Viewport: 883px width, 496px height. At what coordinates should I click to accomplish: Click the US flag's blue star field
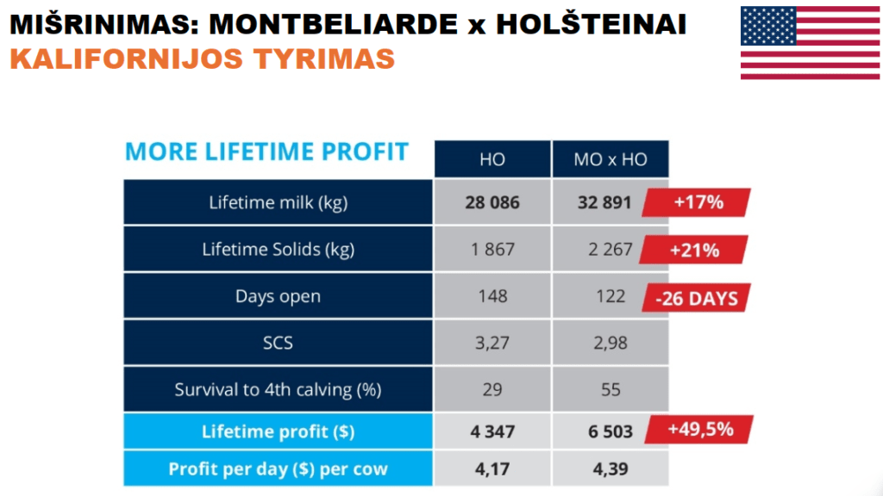pyautogui.click(x=768, y=26)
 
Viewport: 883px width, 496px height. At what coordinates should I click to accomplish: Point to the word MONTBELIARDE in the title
pyautogui.click(x=334, y=24)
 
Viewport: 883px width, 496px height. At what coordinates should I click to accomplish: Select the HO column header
pyautogui.click(x=492, y=159)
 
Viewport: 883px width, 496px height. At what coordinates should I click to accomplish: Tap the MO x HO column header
pyautogui.click(x=611, y=159)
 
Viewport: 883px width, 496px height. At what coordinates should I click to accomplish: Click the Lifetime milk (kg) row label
pyautogui.click(x=279, y=202)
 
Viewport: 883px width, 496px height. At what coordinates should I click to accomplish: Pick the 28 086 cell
pyautogui.click(x=492, y=202)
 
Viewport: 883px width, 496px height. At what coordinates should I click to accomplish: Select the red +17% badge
pyautogui.click(x=697, y=201)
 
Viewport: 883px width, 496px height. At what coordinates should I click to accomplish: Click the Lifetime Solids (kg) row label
pyautogui.click(x=279, y=249)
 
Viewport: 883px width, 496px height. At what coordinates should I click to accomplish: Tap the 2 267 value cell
pyautogui.click(x=611, y=249)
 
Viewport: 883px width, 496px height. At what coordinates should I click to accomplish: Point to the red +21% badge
pyautogui.click(x=694, y=250)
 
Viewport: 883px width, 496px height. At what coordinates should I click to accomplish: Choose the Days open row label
pyautogui.click(x=279, y=296)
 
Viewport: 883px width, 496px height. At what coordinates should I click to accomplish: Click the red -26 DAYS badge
pyautogui.click(x=697, y=297)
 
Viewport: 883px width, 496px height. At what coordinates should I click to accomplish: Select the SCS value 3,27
pyautogui.click(x=492, y=343)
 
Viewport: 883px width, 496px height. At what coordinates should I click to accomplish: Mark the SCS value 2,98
pyautogui.click(x=611, y=343)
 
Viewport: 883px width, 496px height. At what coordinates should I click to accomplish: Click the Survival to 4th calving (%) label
pyautogui.click(x=279, y=389)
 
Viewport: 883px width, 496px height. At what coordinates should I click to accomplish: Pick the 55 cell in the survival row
pyautogui.click(x=611, y=389)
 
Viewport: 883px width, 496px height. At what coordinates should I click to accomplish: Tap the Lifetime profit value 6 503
pyautogui.click(x=611, y=431)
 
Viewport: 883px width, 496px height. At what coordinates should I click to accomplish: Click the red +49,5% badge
pyautogui.click(x=699, y=429)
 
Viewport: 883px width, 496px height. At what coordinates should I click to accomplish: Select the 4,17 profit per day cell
pyautogui.click(x=492, y=468)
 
